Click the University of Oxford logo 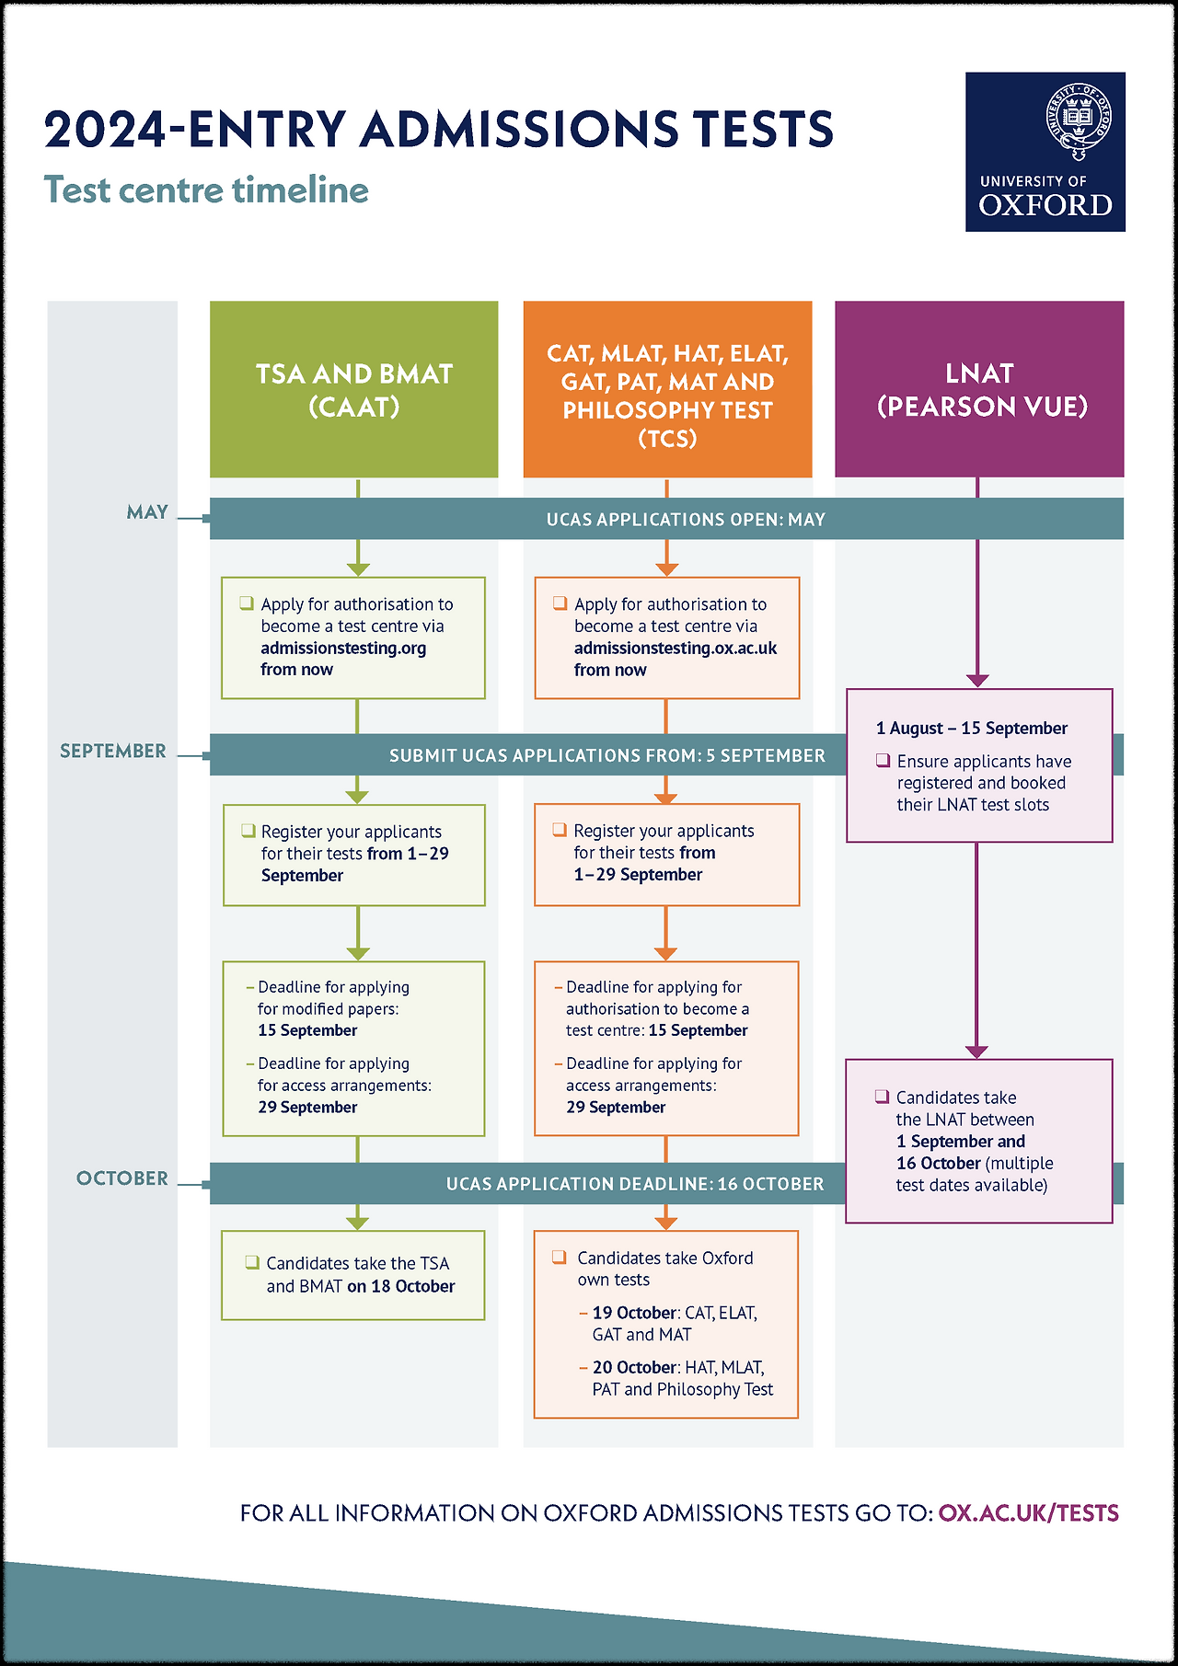pyautogui.click(x=1045, y=152)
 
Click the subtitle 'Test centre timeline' pyautogui.click(x=206, y=190)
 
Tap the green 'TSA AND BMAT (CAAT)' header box pyautogui.click(x=354, y=389)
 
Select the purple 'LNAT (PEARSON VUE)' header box pyautogui.click(x=979, y=389)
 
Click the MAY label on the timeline pyautogui.click(x=147, y=512)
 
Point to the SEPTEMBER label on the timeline pyautogui.click(x=113, y=752)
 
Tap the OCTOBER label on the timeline pyautogui.click(x=122, y=1178)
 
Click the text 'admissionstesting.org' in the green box pyautogui.click(x=343, y=649)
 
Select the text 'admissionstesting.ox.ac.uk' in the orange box pyautogui.click(x=676, y=649)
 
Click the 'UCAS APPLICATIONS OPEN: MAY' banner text pyautogui.click(x=686, y=520)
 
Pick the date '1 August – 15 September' pyautogui.click(x=972, y=729)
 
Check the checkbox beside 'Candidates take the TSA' pyautogui.click(x=252, y=1262)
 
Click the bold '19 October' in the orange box pyautogui.click(x=635, y=1313)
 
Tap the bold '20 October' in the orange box pyautogui.click(x=635, y=1368)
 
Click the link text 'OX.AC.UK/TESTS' pyautogui.click(x=1028, y=1513)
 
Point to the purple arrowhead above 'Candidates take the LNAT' pyautogui.click(x=976, y=1051)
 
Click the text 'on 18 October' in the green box pyautogui.click(x=400, y=1286)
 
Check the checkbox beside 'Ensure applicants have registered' pyautogui.click(x=883, y=761)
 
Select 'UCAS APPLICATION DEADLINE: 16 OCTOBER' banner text pyautogui.click(x=635, y=1184)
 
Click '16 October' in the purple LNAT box pyautogui.click(x=939, y=1164)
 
